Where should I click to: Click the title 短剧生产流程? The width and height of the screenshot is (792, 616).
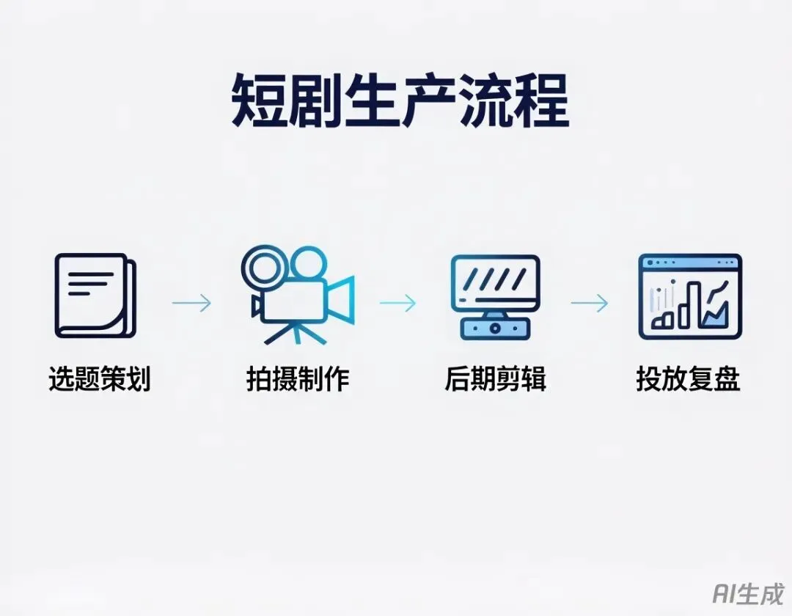pyautogui.click(x=400, y=101)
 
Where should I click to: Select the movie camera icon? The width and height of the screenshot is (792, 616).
pyautogui.click(x=297, y=294)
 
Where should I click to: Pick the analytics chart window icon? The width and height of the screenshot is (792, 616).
pyautogui.click(x=689, y=296)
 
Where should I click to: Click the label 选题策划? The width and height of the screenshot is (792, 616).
pyautogui.click(x=100, y=380)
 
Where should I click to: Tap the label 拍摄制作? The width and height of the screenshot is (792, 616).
pyautogui.click(x=298, y=380)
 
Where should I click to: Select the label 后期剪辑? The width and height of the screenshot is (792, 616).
pyautogui.click(x=495, y=380)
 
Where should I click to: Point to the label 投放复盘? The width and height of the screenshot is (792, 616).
pyautogui.click(x=688, y=380)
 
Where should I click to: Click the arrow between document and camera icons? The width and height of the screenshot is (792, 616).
pyautogui.click(x=191, y=303)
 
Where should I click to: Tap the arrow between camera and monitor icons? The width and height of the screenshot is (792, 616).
pyautogui.click(x=397, y=303)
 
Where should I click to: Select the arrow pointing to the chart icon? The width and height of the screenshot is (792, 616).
pyautogui.click(x=589, y=303)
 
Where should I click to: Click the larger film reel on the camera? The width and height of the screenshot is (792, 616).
pyautogui.click(x=262, y=265)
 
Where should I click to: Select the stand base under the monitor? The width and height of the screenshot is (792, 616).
pyautogui.click(x=495, y=328)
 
